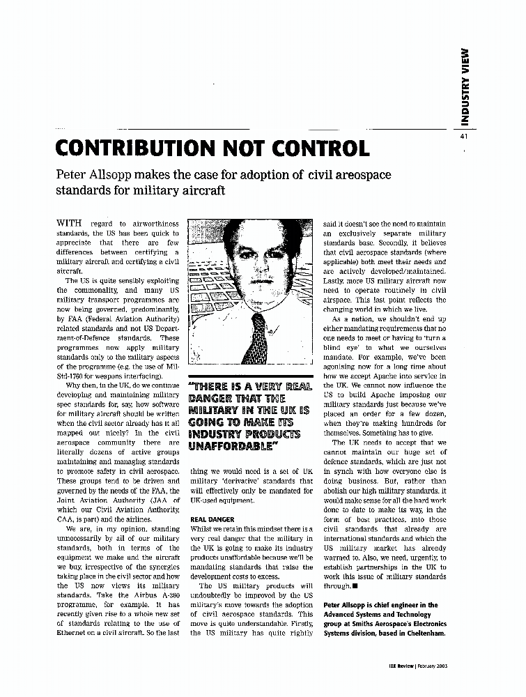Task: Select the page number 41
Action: click(463, 137)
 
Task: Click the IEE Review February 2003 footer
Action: click(417, 666)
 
